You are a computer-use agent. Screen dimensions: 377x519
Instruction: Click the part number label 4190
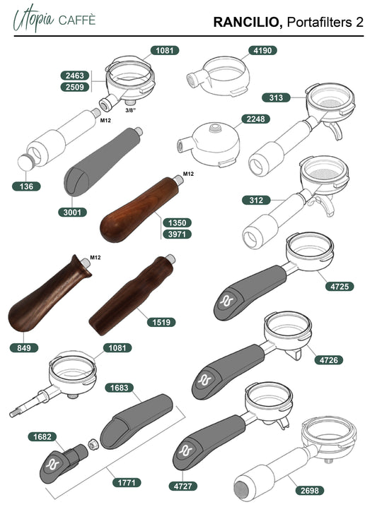262,51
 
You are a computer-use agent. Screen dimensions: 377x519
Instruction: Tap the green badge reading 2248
255,119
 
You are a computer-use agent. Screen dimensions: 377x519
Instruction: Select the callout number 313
276,97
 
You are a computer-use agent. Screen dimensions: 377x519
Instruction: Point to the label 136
26,186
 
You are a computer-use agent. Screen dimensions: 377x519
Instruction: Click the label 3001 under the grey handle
72,212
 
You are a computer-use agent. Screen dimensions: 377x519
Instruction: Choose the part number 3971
177,234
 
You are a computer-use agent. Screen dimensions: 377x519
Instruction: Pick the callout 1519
161,322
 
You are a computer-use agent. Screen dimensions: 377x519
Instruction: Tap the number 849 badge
24,348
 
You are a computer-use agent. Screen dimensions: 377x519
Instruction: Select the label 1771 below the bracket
127,482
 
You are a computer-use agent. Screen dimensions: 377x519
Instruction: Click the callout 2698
310,491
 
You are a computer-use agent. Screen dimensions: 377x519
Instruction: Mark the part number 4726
329,360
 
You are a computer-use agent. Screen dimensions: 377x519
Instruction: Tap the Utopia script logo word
33,18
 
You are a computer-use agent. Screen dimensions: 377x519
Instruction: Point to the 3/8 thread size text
131,110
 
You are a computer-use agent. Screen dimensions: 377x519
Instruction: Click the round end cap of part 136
25,162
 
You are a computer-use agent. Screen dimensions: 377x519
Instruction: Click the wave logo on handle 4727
186,451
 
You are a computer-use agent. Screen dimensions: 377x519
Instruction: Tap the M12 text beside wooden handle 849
95,258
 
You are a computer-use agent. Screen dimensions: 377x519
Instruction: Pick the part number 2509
75,87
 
